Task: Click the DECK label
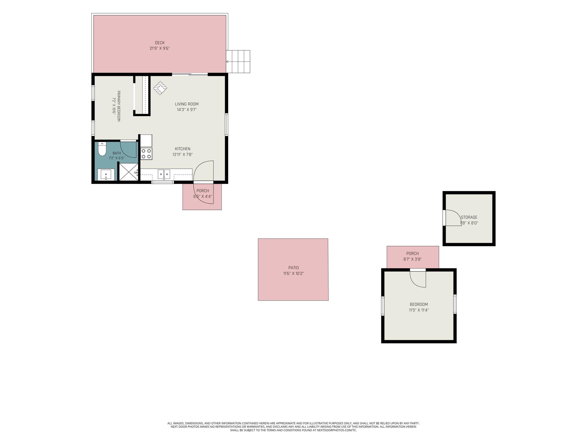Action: [x=160, y=43]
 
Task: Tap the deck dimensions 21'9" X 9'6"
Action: [x=160, y=48]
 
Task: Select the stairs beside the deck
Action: [x=238, y=62]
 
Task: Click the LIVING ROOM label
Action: [x=186, y=104]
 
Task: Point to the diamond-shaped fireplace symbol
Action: [x=160, y=88]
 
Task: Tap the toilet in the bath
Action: [x=102, y=149]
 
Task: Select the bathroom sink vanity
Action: [x=106, y=174]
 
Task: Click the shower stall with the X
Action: [x=128, y=172]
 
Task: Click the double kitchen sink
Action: [x=164, y=174]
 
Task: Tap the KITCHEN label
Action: [x=183, y=149]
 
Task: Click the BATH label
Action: [x=117, y=153]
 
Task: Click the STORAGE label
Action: [x=469, y=217]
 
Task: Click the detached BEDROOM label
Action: [x=419, y=304]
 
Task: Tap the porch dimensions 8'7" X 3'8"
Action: [x=412, y=259]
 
